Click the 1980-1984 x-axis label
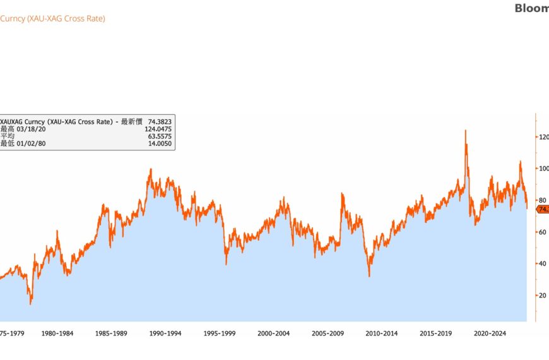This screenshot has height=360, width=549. click(57, 333)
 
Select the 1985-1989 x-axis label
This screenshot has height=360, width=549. click(111, 333)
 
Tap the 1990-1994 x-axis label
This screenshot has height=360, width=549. click(165, 333)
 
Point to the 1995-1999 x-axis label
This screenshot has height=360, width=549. click(220, 333)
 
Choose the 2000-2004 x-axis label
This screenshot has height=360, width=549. click(274, 333)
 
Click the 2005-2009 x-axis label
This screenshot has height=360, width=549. click(328, 333)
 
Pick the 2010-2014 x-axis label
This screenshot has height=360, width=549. click(382, 333)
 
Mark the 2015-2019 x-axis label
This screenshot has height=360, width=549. click(437, 333)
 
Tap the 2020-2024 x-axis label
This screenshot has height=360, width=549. click(491, 333)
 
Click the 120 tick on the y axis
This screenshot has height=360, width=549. click(543, 136)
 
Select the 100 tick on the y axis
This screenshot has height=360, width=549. click(543, 168)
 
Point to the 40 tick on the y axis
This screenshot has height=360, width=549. click(543, 263)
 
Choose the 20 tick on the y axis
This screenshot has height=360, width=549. click(543, 295)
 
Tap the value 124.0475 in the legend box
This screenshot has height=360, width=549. click(158, 129)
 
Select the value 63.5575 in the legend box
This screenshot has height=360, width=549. click(159, 136)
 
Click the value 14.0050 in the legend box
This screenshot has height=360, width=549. click(159, 144)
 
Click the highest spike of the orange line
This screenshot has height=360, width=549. click(466, 131)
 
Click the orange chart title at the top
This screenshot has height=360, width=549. click(52, 18)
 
